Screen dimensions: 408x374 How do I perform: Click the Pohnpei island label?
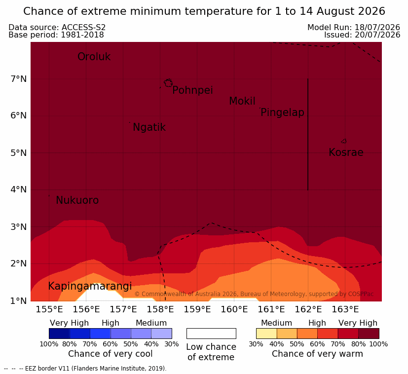click(192, 90)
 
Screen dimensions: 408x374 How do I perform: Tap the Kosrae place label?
click(346, 152)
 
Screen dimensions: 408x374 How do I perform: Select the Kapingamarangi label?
click(90, 286)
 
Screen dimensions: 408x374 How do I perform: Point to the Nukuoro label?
click(77, 200)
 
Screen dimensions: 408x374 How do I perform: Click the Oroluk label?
click(94, 57)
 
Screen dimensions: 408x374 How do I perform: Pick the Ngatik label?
click(149, 127)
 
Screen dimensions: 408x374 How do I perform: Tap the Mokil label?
click(242, 101)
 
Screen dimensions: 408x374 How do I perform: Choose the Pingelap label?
click(282, 112)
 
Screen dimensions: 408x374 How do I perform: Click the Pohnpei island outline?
click(168, 83)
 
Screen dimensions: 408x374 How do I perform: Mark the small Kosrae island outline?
click(344, 141)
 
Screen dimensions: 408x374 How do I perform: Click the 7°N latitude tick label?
click(18, 78)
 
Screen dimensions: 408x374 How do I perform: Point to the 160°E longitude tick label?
click(234, 309)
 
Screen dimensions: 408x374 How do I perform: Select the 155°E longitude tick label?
click(49, 309)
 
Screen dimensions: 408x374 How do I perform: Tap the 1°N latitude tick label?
click(18, 301)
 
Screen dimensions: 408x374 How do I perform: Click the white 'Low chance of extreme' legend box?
click(211, 334)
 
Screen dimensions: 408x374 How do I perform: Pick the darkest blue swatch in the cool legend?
click(59, 334)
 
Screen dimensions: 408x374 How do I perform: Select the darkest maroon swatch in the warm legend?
click(369, 334)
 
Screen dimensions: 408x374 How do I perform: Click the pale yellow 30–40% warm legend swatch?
click(266, 334)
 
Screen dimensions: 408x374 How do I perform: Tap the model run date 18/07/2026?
click(377, 27)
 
